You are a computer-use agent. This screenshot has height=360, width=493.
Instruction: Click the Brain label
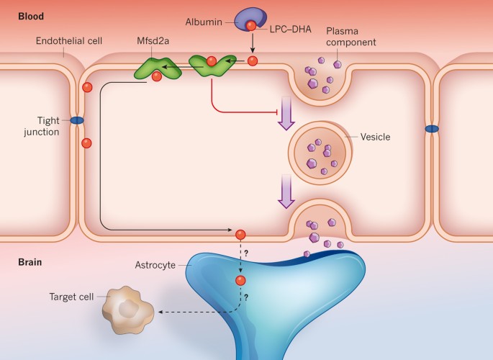coord(31,262)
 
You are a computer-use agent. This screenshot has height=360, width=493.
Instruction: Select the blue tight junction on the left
coord(76,121)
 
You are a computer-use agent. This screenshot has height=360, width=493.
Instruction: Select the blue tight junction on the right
coord(431,129)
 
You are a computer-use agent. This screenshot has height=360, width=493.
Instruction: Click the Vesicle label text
coord(376,137)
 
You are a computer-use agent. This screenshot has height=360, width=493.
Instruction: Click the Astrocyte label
coord(155,264)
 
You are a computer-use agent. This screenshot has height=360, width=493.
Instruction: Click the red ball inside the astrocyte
coord(240,280)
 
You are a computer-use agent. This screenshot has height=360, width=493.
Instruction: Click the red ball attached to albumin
coord(250,26)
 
